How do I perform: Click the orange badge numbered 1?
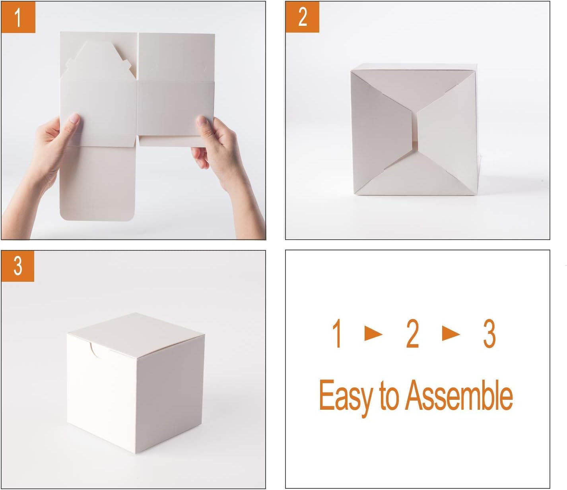coord(18,17)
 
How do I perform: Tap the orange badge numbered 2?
coord(302,17)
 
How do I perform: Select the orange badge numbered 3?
coord(17,266)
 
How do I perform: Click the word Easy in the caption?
coord(345,396)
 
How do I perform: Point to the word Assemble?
coord(459,396)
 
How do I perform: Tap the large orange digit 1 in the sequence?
coord(338,335)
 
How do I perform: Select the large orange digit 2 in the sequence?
coord(412,335)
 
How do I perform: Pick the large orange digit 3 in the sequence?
coord(489,335)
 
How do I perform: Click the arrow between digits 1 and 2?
coord(373,334)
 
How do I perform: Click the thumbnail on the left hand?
coord(74,118)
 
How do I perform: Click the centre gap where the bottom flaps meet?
coord(416,130)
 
